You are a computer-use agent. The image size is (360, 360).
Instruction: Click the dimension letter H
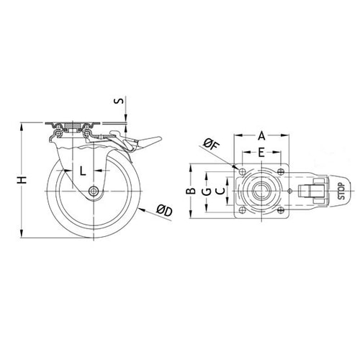click(22, 180)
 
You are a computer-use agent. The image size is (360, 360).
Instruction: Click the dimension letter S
click(119, 101)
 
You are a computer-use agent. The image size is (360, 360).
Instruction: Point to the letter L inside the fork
click(83, 171)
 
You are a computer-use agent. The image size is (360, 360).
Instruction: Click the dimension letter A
click(261, 136)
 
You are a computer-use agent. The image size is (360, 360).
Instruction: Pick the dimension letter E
click(261, 153)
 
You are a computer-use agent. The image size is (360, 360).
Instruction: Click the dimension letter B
click(192, 191)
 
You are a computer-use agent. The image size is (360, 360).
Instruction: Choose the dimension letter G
click(207, 192)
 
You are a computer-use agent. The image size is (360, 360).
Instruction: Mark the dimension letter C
click(220, 192)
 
